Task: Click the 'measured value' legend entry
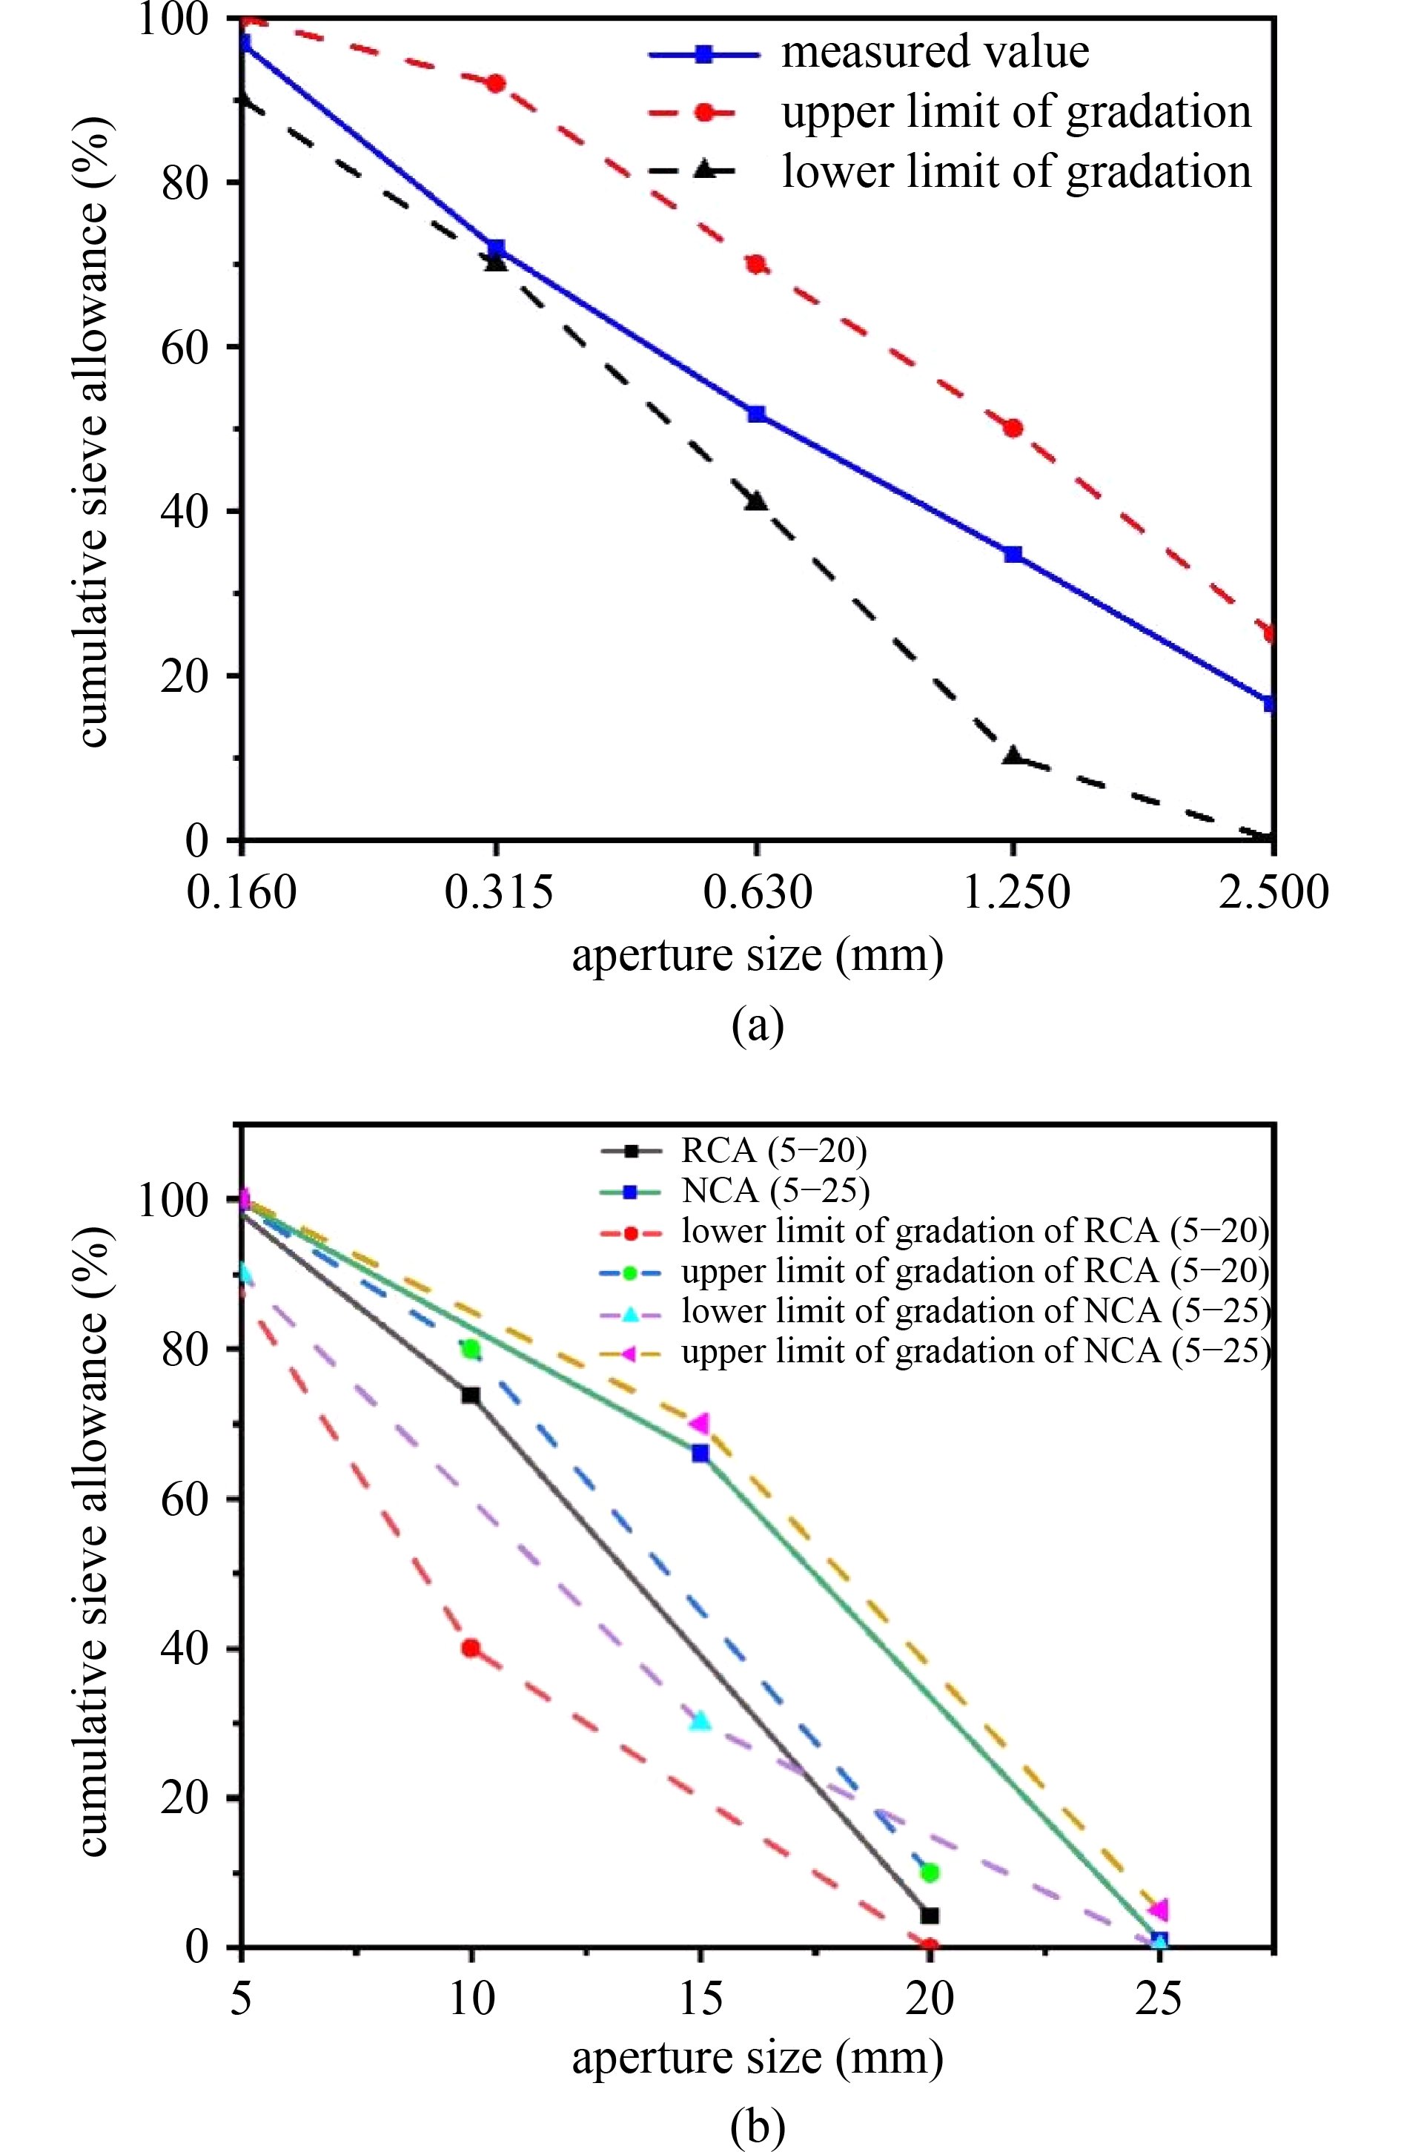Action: (x=935, y=53)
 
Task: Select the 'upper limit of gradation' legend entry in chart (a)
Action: (x=1016, y=112)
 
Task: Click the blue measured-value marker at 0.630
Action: (x=757, y=414)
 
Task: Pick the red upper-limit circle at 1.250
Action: (x=1013, y=428)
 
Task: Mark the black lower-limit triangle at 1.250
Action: (x=1013, y=756)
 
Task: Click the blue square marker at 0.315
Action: (x=495, y=248)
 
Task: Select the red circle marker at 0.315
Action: (x=495, y=83)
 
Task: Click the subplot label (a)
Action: (x=758, y=1026)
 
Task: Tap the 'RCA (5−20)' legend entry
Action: (x=774, y=1151)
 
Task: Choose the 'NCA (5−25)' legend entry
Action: (x=775, y=1191)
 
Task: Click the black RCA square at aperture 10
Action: (x=471, y=1395)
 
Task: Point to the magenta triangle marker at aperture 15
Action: (x=700, y=1424)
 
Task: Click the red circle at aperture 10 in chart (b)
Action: (x=471, y=1648)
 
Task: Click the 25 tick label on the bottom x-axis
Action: (x=1159, y=1999)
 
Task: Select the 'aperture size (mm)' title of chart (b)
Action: (x=758, y=2057)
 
